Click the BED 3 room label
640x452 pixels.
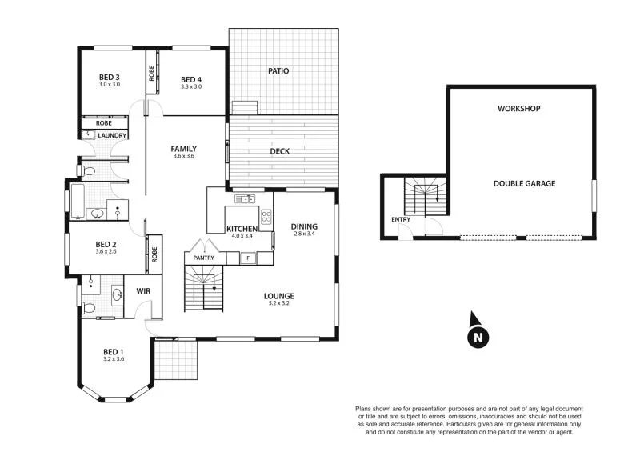click(109, 77)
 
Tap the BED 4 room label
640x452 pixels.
click(191, 78)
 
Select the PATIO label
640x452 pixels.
click(278, 71)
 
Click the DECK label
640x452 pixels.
click(279, 150)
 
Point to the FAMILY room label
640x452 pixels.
click(183, 149)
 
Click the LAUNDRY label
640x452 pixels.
click(110, 135)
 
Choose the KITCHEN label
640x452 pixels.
click(241, 229)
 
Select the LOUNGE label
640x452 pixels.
click(279, 296)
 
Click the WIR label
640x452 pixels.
click(144, 291)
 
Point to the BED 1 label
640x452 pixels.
click(114, 351)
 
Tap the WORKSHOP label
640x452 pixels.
click(519, 108)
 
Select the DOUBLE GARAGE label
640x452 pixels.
click(524, 183)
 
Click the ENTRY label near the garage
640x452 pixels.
click(400, 218)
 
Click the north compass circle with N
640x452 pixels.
click(478, 338)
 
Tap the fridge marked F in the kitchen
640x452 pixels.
click(248, 258)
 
